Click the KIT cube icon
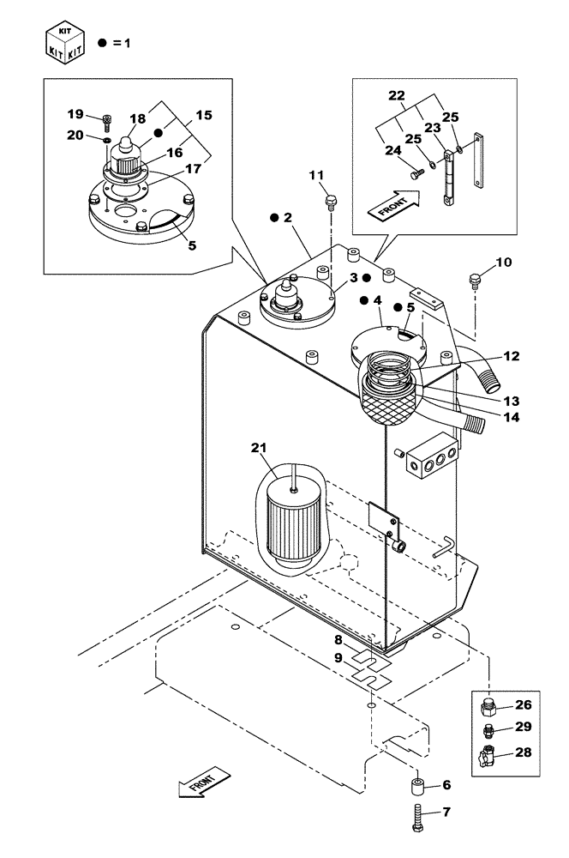tap(67, 40)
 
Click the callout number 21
tap(260, 447)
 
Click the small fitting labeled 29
tap(490, 730)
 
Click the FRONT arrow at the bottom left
tap(205, 782)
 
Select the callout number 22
tap(396, 95)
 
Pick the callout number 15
tap(204, 114)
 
